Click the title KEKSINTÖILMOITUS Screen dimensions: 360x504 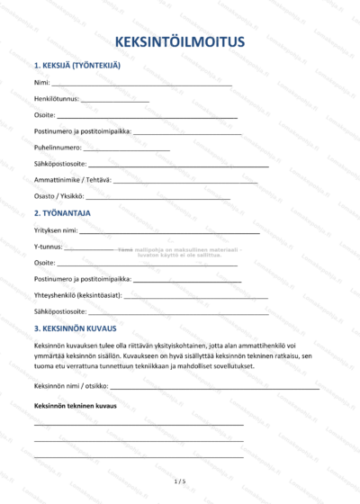pyautogui.click(x=180, y=42)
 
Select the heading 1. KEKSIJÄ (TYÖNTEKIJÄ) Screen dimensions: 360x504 pyautogui.click(x=76, y=66)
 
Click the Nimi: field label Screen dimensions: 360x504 pyautogui.click(x=41, y=83)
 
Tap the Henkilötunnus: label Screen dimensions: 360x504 pyautogui.click(x=56, y=99)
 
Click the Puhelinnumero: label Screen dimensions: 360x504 pyautogui.click(x=58, y=148)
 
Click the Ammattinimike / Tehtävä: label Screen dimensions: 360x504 pyautogui.click(x=72, y=180)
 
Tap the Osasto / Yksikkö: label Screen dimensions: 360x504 pyautogui.click(x=58, y=196)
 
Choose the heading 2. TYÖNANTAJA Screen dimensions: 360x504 pyautogui.click(x=62, y=213)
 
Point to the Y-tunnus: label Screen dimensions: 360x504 pyautogui.click(x=48, y=246)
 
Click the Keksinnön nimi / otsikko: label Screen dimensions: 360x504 pyautogui.click(x=71, y=385)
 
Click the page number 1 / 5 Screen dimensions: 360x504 pyautogui.click(x=180, y=481)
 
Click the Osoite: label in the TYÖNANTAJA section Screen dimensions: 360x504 pyautogui.click(x=44, y=262)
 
